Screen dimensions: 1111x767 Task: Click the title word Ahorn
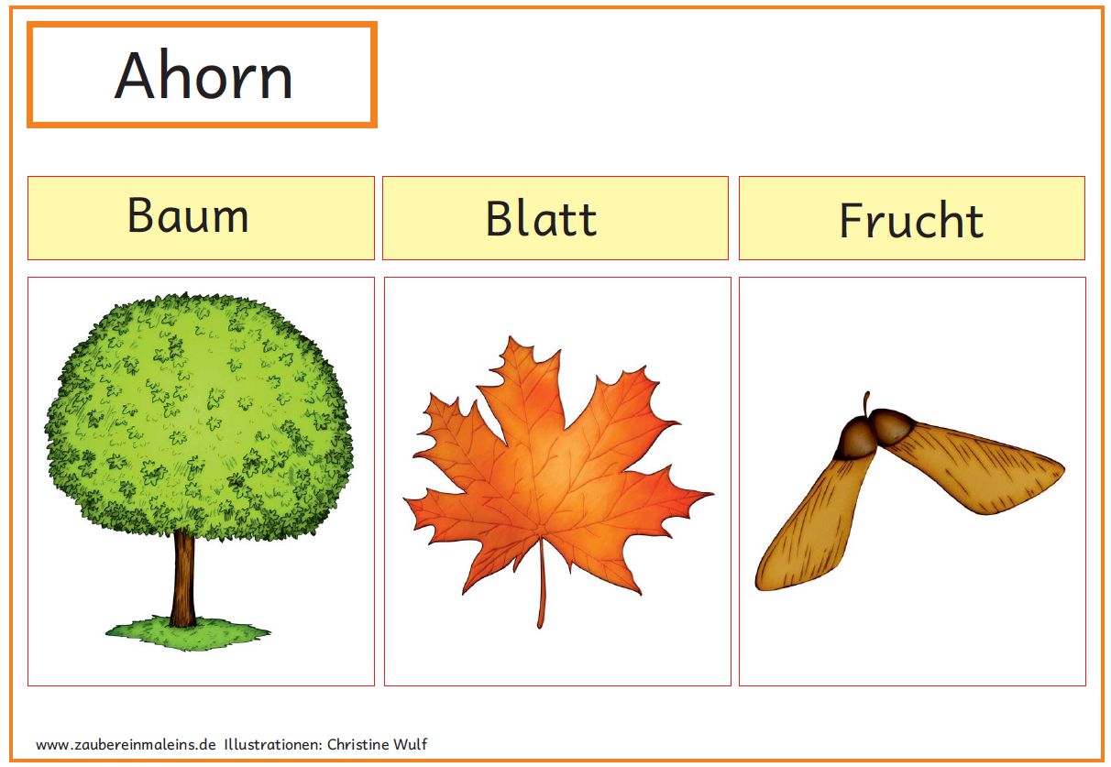coord(203,74)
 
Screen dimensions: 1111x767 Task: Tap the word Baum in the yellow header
coord(188,214)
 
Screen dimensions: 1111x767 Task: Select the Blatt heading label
coord(541,218)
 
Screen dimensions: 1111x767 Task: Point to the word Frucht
coord(911,220)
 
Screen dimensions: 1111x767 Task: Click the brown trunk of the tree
coord(182,577)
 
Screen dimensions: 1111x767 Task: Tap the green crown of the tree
coord(199,415)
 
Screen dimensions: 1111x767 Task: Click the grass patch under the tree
coord(188,633)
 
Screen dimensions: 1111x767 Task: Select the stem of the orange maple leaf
coord(542,584)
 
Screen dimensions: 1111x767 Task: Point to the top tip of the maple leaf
coord(511,337)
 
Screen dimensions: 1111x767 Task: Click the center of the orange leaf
coord(551,476)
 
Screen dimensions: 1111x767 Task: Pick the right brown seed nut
coord(893,425)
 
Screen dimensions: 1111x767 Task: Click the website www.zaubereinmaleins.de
coord(126,744)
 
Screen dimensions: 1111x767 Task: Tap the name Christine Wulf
coord(377,744)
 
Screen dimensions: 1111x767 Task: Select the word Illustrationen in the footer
coord(273,744)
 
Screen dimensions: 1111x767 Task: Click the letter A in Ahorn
coord(134,74)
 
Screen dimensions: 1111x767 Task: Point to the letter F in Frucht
coord(851,220)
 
